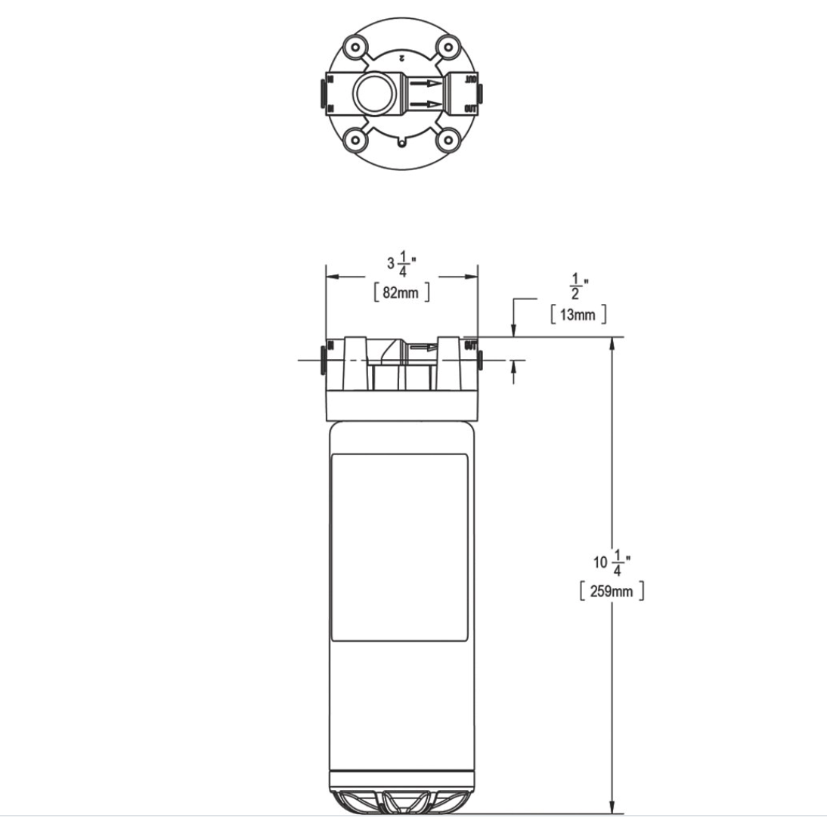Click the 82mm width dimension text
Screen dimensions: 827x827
pyautogui.click(x=401, y=293)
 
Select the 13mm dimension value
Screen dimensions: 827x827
pyautogui.click(x=578, y=314)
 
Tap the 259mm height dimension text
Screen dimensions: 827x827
pyautogui.click(x=612, y=590)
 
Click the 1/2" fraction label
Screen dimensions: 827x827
pyautogui.click(x=578, y=287)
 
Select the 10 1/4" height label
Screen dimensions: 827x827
pyautogui.click(x=612, y=562)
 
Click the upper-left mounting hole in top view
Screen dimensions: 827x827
pyautogui.click(x=355, y=47)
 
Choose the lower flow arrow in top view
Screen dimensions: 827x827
pyautogui.click(x=425, y=104)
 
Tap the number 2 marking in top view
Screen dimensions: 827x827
pyautogui.click(x=402, y=57)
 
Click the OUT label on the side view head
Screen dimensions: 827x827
pyautogui.click(x=469, y=347)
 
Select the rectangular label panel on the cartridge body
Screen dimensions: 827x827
pyautogui.click(x=401, y=548)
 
